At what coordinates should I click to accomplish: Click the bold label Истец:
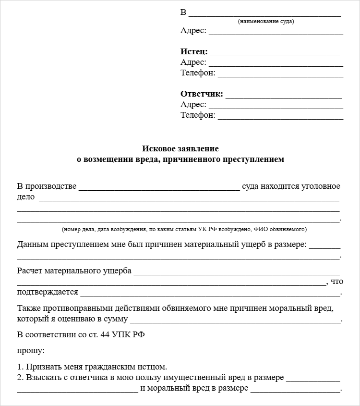click(194, 52)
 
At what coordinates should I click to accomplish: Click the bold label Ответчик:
click(202, 94)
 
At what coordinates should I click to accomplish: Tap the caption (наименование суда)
click(266, 22)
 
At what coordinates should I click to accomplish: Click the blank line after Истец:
click(275, 54)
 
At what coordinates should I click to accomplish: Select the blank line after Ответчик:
click(283, 97)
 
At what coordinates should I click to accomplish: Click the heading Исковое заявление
click(180, 149)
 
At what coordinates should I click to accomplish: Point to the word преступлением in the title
click(252, 159)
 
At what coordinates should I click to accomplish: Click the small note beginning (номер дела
click(184, 229)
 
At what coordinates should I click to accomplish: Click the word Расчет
click(29, 271)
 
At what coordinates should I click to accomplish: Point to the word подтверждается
click(47, 292)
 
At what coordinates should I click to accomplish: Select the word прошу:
click(31, 351)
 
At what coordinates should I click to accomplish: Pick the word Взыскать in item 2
click(44, 378)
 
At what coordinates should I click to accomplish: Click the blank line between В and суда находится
click(159, 189)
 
